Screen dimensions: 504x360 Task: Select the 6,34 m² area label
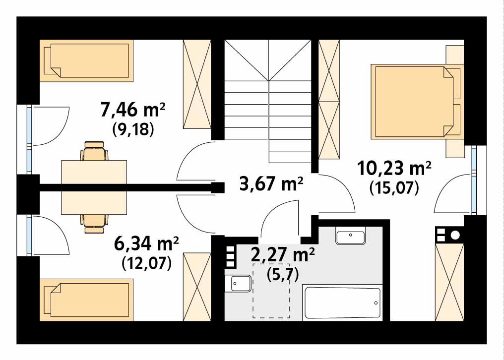(146, 244)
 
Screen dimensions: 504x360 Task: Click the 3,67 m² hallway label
(271, 184)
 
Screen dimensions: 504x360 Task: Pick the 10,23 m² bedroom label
(394, 169)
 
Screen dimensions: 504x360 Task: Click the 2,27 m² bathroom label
(283, 255)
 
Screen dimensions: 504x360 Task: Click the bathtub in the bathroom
(342, 303)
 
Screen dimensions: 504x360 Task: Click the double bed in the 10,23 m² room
(417, 102)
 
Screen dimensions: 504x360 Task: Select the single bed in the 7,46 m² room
(86, 61)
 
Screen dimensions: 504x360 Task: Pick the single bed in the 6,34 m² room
(86, 300)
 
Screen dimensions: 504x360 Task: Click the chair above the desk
(94, 151)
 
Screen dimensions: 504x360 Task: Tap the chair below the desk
(94, 224)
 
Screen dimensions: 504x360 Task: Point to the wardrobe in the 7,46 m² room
(197, 84)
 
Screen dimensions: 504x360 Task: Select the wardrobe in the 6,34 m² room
(197, 287)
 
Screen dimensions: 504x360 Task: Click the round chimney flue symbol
(455, 235)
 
